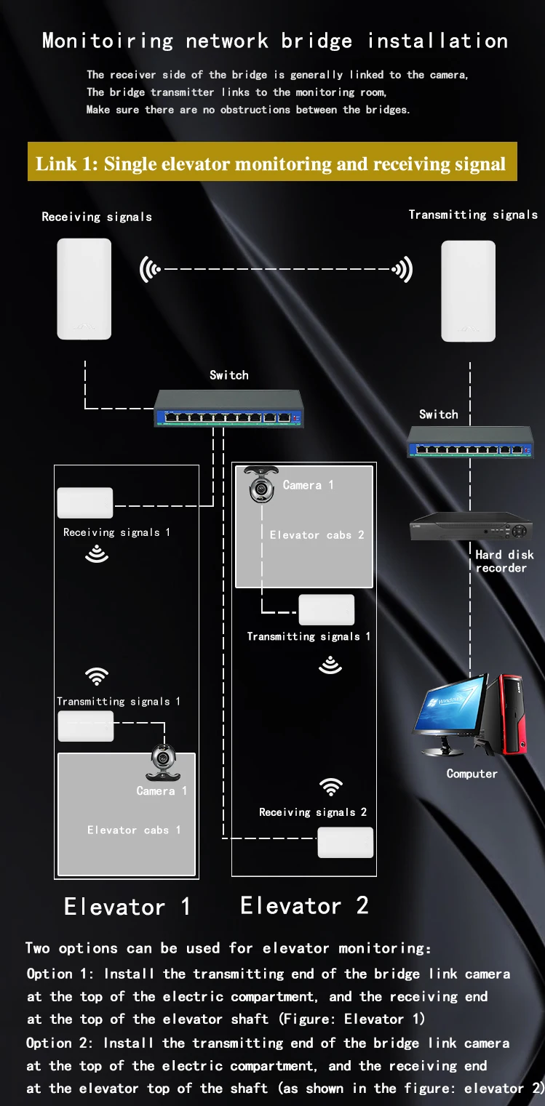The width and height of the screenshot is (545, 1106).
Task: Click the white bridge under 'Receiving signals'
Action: [x=84, y=289]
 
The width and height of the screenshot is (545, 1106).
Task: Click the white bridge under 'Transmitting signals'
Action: [x=468, y=291]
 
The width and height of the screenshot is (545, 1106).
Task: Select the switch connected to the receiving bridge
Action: [x=228, y=409]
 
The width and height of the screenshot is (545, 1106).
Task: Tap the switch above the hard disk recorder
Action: [x=470, y=442]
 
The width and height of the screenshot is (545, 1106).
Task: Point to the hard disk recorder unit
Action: [x=472, y=526]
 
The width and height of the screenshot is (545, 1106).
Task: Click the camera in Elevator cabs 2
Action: [x=261, y=484]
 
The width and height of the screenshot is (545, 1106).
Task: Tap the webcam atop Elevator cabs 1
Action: [x=164, y=763]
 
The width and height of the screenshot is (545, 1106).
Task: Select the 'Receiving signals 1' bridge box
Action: [x=85, y=502]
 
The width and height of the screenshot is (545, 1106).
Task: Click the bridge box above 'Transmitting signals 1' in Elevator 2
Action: [x=327, y=610]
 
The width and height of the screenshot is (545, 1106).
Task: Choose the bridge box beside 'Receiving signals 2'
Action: [x=346, y=842]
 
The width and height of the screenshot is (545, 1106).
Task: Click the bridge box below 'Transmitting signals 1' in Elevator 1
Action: [x=86, y=726]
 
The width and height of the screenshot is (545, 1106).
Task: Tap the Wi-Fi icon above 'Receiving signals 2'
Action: [x=331, y=787]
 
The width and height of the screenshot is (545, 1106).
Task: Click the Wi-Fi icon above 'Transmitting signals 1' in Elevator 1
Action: [x=97, y=676]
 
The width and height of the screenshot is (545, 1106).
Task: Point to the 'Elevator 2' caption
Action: [x=304, y=905]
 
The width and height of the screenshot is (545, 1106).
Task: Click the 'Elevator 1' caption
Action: [x=127, y=907]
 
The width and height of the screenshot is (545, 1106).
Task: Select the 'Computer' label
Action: [x=472, y=774]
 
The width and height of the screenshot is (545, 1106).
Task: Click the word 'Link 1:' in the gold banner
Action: [x=67, y=164]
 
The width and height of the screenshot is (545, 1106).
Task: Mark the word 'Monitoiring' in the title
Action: [x=108, y=41]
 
